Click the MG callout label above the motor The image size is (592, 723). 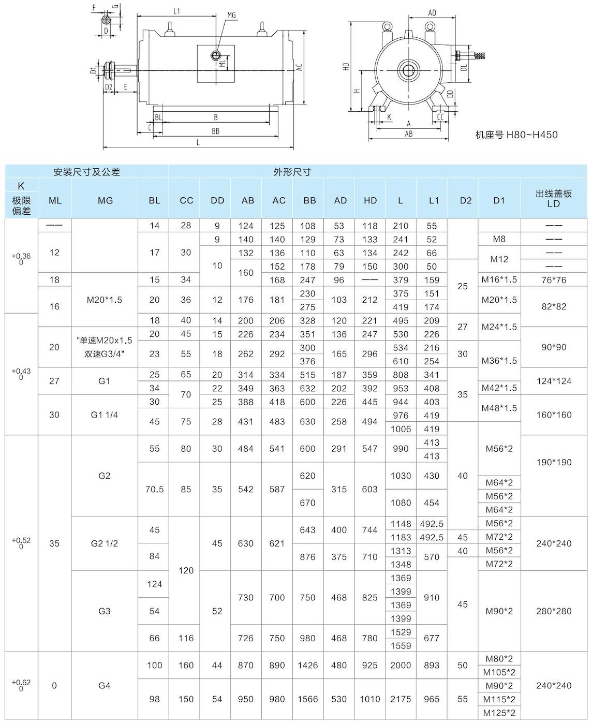231,15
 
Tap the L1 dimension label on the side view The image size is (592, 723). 176,11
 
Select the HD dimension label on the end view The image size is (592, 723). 346,67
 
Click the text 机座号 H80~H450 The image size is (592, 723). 516,135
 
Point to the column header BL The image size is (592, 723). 154,200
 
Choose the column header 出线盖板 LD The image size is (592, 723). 553,198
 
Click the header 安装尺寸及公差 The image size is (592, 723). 87,172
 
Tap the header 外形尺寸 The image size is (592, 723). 292,172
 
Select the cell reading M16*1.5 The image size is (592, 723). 499,280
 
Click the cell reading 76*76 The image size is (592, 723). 553,280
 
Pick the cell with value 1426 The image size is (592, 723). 307,665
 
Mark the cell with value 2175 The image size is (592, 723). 401,699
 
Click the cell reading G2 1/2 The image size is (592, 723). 105,543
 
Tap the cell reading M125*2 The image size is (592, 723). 499,713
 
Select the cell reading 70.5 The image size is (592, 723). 154,489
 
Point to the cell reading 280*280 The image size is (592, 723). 553,611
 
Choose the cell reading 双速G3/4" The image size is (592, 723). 104,354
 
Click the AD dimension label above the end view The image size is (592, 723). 433,13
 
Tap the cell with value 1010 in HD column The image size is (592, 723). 369,699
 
